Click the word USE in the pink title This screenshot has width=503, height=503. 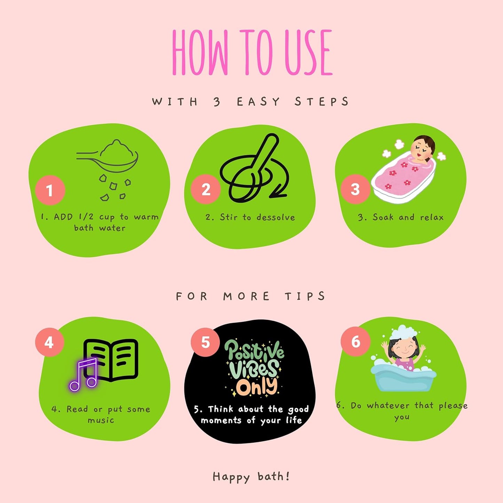[308, 52]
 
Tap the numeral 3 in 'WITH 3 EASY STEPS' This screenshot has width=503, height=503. [217, 102]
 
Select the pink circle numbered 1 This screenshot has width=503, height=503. [50, 190]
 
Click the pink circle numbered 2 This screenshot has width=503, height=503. [206, 189]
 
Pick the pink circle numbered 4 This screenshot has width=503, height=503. [49, 342]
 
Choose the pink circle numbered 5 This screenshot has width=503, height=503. [205, 342]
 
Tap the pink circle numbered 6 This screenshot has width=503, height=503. [355, 341]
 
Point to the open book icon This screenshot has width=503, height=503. [111, 360]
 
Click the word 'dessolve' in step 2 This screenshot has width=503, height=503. [276, 217]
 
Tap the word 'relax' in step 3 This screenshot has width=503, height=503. [432, 217]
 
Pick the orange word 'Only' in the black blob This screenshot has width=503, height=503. [256, 387]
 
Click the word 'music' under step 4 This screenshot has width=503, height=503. [101, 421]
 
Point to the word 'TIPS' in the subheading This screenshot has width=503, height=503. [305, 296]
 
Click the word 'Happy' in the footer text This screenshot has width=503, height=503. [231, 477]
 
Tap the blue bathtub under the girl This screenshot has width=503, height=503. [403, 378]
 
